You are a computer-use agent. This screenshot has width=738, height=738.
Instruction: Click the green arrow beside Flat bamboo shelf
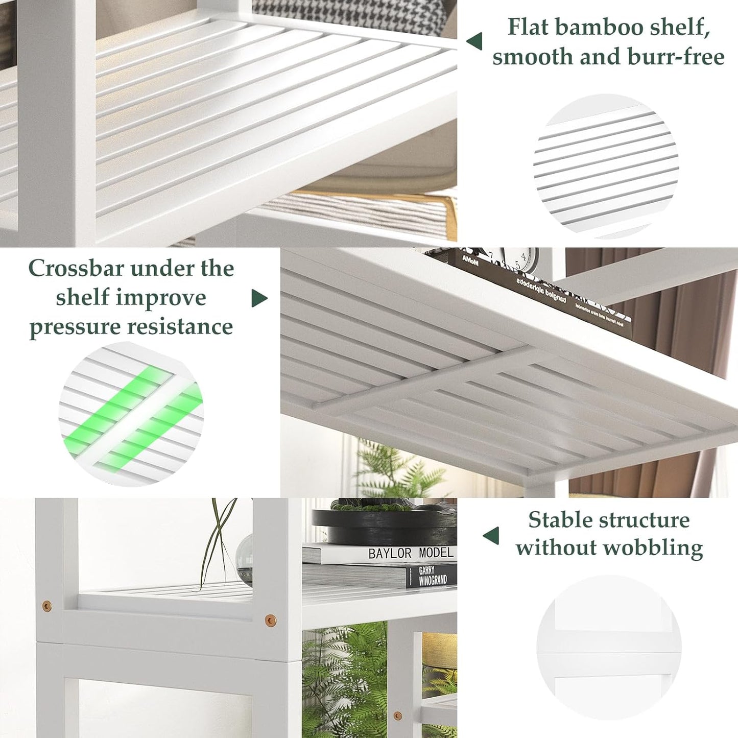tap(474, 41)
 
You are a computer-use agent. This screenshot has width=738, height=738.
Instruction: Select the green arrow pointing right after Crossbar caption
tap(259, 298)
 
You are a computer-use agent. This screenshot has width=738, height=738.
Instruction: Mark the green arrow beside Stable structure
tap(491, 536)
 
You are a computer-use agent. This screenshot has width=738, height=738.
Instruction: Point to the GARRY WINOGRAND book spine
tap(432, 576)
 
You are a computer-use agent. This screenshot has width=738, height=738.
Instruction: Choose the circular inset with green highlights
tap(131, 414)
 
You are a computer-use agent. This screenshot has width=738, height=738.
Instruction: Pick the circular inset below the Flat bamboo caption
tap(606, 166)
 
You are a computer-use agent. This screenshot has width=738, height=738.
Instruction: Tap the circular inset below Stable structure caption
tap(608, 648)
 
